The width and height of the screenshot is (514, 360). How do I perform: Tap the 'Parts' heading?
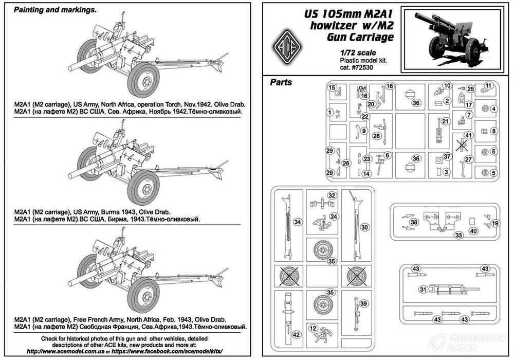[x=281, y=82]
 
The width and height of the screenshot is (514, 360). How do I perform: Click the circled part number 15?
[x=333, y=87]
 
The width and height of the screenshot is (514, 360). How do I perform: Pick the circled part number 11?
[x=488, y=85]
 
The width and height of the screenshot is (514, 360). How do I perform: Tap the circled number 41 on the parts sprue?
[x=467, y=135]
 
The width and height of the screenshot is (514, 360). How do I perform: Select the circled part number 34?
[x=297, y=222]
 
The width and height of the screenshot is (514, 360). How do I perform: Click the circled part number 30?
[x=364, y=227]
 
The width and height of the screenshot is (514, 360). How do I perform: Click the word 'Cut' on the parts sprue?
[x=362, y=88]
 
